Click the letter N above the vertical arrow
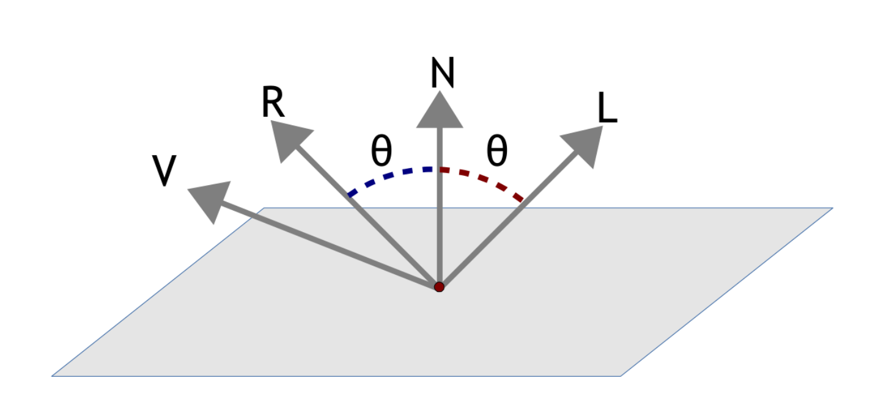pos(442,74)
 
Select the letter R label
pos(273,103)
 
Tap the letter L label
pos(607,109)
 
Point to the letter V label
pos(163,171)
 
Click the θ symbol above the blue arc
pos(382,152)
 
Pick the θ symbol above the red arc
pos(496,152)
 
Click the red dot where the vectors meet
pos(438,286)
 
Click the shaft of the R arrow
pos(367,214)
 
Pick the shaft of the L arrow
pos(507,217)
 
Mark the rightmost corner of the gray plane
pos(832,209)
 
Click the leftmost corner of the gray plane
pos(53,376)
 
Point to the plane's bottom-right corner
pos(620,376)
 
